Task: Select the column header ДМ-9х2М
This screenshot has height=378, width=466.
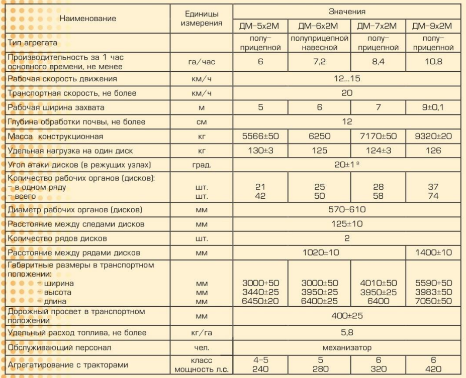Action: (x=432, y=27)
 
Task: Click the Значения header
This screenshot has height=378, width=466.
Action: (x=347, y=12)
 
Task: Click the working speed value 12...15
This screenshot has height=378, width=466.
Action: (x=347, y=79)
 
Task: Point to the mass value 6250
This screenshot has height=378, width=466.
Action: (x=319, y=137)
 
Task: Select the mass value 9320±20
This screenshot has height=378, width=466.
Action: (x=432, y=137)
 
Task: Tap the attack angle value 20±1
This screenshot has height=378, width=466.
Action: (x=347, y=165)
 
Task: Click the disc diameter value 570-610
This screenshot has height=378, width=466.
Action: (x=347, y=209)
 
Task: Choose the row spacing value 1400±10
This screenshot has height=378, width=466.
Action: (x=432, y=253)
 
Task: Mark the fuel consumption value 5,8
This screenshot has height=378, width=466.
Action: (x=347, y=332)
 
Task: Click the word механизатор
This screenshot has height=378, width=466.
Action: (x=347, y=347)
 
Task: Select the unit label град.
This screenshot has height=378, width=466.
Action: (x=201, y=165)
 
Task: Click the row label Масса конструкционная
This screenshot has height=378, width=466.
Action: (x=56, y=137)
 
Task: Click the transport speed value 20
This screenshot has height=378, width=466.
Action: (x=347, y=93)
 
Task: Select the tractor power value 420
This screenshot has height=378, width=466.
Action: (x=432, y=369)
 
